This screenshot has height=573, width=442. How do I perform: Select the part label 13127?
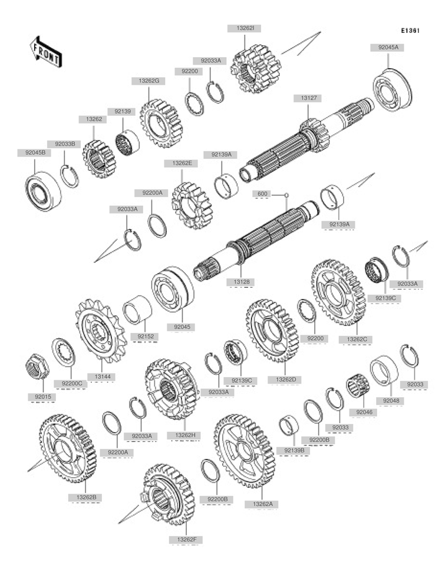[x=308, y=99]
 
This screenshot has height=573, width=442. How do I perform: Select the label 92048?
[x=391, y=401]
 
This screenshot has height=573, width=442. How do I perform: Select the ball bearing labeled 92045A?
[x=392, y=89]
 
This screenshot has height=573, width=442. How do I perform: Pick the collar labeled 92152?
[x=137, y=309]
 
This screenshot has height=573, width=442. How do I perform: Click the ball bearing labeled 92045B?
[x=43, y=190]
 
